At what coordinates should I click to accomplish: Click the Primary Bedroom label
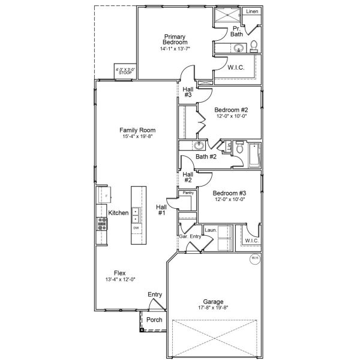tap(175, 40)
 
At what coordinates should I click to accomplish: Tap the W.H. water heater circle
tap(254, 259)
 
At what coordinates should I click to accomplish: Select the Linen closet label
tap(253, 11)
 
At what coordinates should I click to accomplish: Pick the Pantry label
tap(188, 193)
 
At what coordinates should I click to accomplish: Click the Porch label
tap(154, 320)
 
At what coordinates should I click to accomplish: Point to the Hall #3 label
tap(188, 92)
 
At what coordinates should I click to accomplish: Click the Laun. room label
tap(211, 230)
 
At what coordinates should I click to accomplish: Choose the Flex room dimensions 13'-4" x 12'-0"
tap(120, 279)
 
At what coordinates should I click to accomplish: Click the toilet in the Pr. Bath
tap(254, 45)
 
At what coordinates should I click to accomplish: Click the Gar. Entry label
tap(190, 237)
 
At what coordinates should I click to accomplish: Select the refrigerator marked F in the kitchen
tap(103, 195)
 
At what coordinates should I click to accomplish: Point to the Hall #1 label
tap(162, 209)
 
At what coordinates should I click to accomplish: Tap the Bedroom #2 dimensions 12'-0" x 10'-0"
tap(232, 116)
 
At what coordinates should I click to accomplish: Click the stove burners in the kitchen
tap(102, 224)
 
